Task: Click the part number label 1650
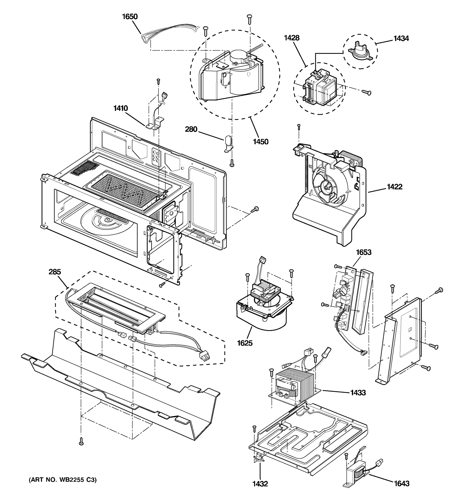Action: [x=130, y=17]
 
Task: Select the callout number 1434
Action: [x=401, y=39]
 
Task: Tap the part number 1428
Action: [x=291, y=38]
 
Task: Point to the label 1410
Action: [x=121, y=108]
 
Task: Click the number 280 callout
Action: [x=191, y=129]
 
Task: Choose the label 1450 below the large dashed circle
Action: [x=261, y=142]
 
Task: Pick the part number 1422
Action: [x=395, y=187]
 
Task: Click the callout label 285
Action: [x=55, y=272]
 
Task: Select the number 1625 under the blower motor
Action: [x=245, y=343]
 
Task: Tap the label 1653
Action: [x=363, y=252]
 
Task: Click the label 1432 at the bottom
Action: [x=260, y=484]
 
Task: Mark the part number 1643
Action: [x=402, y=484]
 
